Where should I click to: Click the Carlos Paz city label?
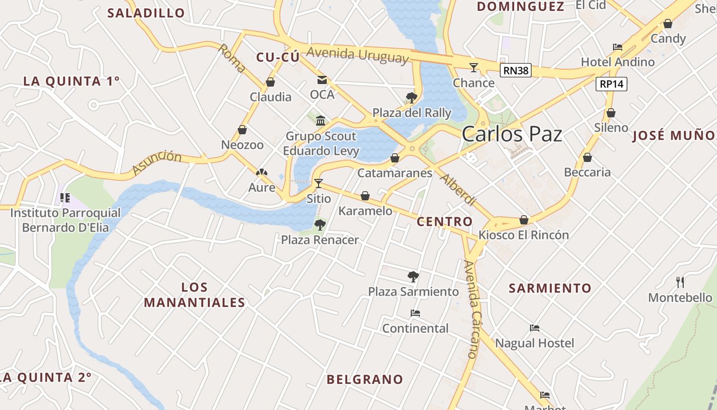[x=512, y=134]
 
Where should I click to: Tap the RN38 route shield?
[x=515, y=70]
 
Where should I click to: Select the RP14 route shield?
[x=611, y=84]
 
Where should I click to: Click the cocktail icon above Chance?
[x=474, y=67]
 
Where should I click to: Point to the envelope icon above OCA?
[x=322, y=80]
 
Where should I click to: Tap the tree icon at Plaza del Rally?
[x=411, y=97]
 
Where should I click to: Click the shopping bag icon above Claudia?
[x=270, y=82]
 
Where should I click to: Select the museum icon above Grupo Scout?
[x=321, y=121]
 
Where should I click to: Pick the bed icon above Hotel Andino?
[x=618, y=47]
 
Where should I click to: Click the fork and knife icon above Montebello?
[x=680, y=282]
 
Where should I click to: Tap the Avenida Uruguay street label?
[x=358, y=54]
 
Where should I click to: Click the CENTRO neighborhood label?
[x=445, y=222]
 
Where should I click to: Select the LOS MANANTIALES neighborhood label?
[x=195, y=295]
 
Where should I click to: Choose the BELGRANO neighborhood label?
[x=365, y=380]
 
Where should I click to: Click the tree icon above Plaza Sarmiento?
[x=413, y=277]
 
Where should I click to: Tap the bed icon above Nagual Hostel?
[x=535, y=328]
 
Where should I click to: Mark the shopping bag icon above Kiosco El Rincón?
[x=523, y=220]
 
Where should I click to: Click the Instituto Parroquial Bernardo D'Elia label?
[x=66, y=220]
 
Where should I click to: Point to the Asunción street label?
[x=157, y=162]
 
